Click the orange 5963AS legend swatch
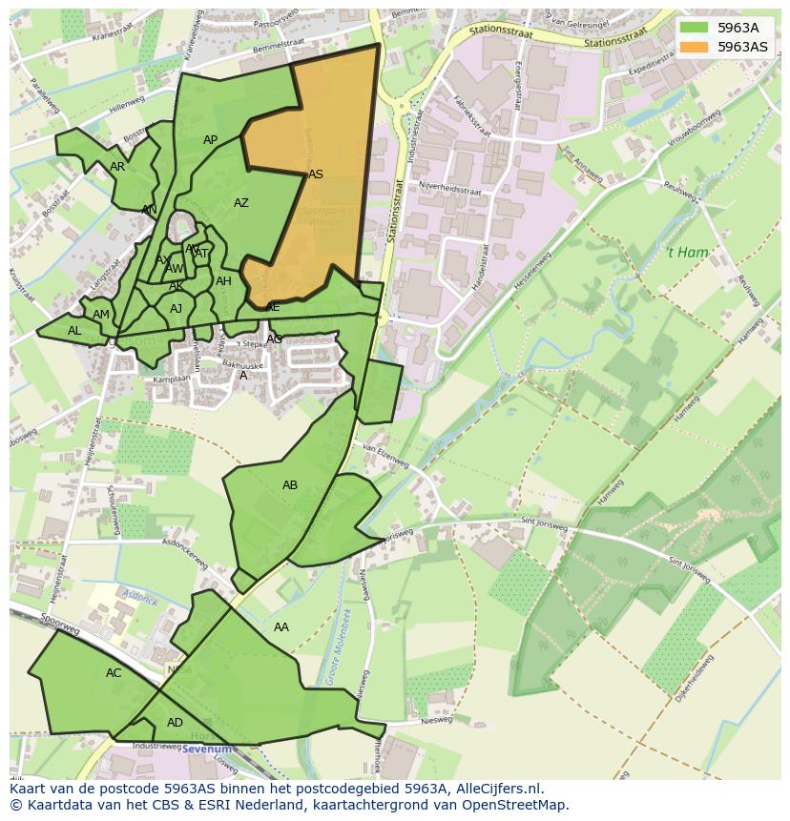coord(694,47)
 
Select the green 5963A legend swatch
coord(694,28)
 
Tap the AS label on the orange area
coord(316,174)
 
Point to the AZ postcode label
coord(241,203)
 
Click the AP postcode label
coord(211,140)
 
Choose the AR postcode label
coord(117,167)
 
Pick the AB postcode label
coord(290,485)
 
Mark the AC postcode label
coord(114,673)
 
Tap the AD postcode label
coord(175,723)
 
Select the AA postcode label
coord(281,627)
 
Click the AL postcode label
coord(74,331)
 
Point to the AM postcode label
coord(101,315)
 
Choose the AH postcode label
coord(223,281)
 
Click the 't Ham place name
coord(687,253)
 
